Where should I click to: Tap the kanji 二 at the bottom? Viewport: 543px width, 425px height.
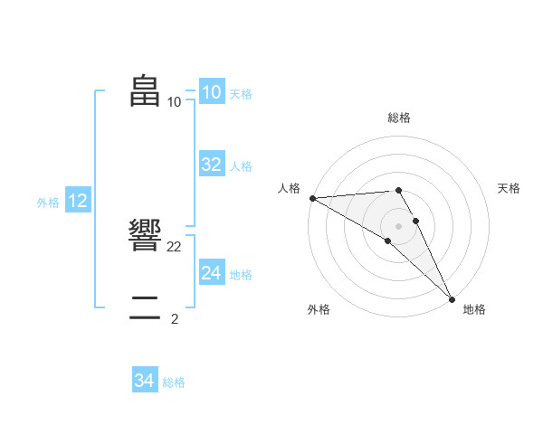click(146, 307)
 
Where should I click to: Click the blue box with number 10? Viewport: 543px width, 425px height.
click(211, 92)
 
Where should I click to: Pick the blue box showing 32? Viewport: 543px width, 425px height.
click(211, 165)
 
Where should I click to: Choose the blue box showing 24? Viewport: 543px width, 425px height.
click(211, 272)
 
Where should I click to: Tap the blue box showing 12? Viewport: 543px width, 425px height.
click(78, 201)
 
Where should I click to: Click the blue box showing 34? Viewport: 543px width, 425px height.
click(144, 381)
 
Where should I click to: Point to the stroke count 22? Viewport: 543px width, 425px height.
click(175, 247)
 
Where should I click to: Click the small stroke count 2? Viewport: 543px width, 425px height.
click(175, 318)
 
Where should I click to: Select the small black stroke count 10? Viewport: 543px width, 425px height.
click(175, 101)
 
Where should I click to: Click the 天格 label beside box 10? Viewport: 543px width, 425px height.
click(241, 94)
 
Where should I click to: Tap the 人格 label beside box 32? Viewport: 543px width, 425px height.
click(241, 166)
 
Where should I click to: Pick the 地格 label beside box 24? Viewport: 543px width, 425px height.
click(241, 275)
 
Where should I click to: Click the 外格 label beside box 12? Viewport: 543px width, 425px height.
click(48, 203)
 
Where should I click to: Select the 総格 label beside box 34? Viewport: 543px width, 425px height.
click(174, 383)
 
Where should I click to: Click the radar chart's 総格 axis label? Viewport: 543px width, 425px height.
click(399, 118)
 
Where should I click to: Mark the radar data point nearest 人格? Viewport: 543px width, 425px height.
click(312, 198)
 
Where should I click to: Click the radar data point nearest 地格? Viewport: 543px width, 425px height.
click(451, 298)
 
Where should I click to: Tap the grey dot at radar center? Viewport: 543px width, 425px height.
click(398, 226)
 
